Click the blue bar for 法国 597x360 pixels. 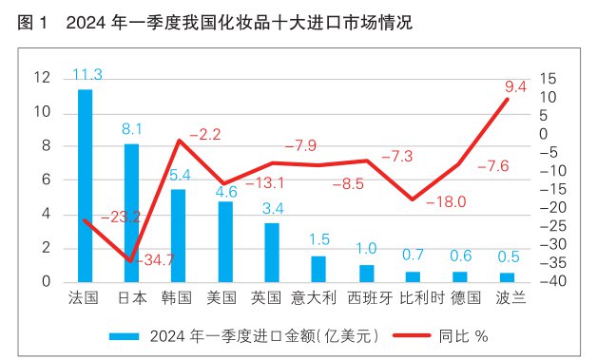[85, 185]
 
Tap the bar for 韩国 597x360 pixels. [178, 236]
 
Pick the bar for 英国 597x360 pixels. [272, 252]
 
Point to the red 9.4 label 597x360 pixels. [516, 86]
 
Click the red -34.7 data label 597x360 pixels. [158, 259]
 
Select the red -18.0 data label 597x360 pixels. [445, 201]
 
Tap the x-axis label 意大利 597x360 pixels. [318, 297]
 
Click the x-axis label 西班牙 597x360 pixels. [365, 297]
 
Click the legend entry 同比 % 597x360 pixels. [463, 335]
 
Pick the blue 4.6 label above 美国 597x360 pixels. [225, 192]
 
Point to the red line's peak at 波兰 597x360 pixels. [507, 99]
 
